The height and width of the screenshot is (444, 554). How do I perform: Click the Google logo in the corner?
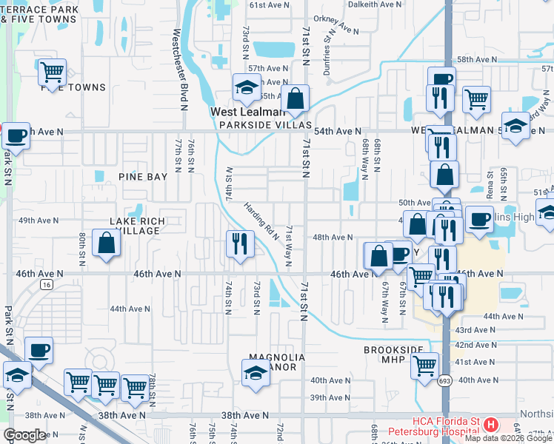click(24, 435)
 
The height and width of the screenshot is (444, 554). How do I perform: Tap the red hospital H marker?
click(490, 424)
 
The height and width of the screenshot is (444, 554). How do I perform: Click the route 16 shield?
click(47, 285)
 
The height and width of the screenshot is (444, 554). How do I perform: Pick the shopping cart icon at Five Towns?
click(52, 72)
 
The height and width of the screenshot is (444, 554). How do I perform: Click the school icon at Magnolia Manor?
click(256, 372)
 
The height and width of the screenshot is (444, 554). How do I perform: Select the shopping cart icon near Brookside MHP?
click(425, 365)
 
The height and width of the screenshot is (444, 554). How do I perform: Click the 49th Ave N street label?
click(39, 221)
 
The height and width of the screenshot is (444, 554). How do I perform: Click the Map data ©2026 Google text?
click(507, 438)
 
